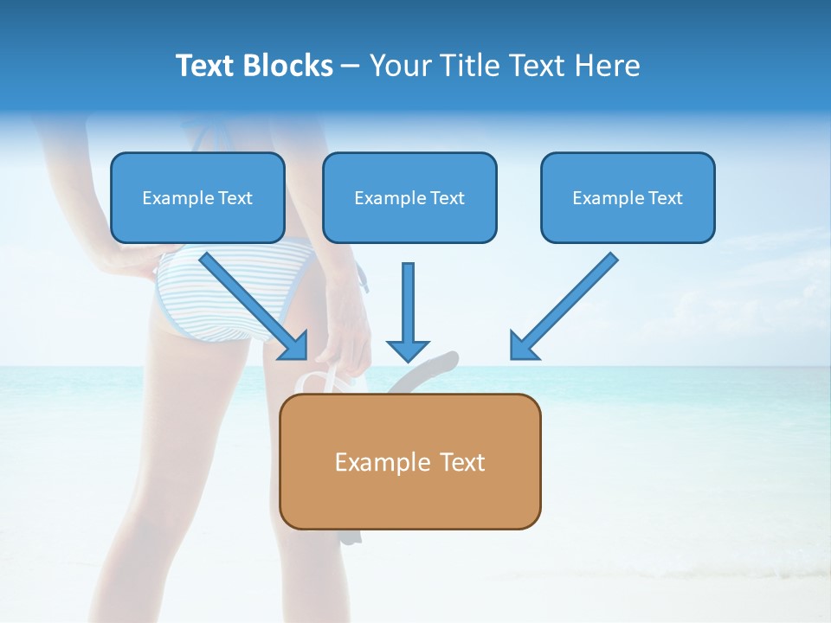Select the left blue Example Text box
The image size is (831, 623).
point(197,198)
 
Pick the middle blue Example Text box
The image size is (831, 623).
point(409,198)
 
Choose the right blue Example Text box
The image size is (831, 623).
point(628,198)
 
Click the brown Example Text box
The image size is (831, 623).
point(410,462)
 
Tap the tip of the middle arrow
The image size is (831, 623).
point(408,359)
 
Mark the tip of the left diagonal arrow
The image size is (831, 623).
point(305,356)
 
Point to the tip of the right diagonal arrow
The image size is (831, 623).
point(513,356)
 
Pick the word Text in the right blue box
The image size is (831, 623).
point(665,198)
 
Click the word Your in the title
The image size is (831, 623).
point(399,66)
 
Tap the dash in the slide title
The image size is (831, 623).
point(351,67)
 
